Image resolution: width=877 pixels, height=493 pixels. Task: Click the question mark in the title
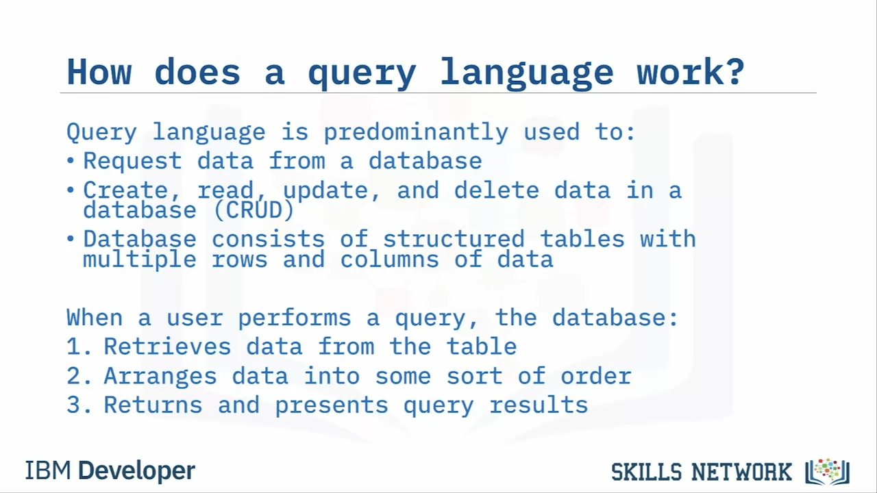coord(733,71)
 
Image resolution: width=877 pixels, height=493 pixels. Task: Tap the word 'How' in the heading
coord(99,72)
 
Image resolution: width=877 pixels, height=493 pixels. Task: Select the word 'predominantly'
coord(416,132)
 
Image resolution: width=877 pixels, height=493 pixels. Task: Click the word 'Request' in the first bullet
coord(132,161)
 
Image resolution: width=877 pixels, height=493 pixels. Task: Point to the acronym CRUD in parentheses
coord(254,210)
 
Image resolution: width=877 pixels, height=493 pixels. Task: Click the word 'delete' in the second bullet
coord(497,190)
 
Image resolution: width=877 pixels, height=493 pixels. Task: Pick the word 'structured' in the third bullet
coord(454,239)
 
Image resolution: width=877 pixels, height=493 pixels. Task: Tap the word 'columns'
coord(389,260)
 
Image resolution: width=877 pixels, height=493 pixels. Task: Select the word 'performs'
coord(295,318)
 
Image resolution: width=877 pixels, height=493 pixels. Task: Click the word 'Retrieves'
coord(167,346)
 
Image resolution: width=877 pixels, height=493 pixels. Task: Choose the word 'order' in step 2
coord(596,376)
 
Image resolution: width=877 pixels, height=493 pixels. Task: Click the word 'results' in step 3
coord(539,405)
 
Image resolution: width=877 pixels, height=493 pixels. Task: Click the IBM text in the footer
coord(48,470)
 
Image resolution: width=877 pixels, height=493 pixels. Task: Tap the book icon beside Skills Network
coord(827,472)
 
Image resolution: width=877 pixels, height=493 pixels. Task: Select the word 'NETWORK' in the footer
coord(741,472)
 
